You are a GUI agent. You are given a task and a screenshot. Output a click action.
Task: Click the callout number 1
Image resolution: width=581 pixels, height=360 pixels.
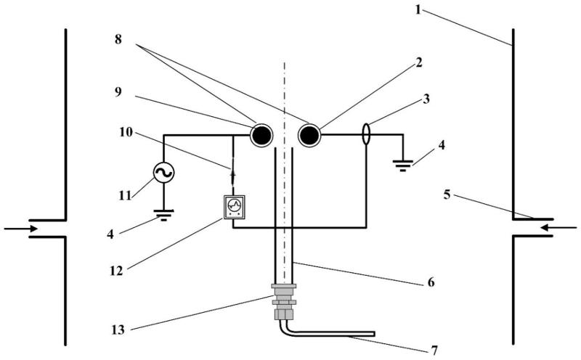(x=418, y=9)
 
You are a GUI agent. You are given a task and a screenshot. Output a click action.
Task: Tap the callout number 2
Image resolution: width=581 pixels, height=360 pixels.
(x=418, y=62)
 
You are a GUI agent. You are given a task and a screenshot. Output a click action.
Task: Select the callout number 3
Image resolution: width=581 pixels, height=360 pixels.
(x=426, y=99)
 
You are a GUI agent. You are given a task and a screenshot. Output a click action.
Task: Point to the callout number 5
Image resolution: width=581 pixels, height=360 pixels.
(x=447, y=195)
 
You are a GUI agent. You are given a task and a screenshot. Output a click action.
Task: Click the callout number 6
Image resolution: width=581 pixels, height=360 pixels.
(x=431, y=282)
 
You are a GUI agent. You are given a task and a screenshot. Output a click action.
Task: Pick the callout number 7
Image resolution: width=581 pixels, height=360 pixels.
(x=434, y=350)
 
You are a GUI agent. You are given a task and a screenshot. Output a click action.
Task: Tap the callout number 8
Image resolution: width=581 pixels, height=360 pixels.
(x=118, y=39)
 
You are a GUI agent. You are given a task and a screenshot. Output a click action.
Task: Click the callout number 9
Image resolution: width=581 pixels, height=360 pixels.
(x=118, y=92)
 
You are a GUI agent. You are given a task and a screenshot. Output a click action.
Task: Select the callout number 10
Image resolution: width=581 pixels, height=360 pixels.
(x=126, y=132)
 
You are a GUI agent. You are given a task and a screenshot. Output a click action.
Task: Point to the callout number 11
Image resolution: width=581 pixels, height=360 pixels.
(x=125, y=195)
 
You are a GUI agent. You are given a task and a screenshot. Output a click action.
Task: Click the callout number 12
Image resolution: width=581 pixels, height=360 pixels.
(x=116, y=271)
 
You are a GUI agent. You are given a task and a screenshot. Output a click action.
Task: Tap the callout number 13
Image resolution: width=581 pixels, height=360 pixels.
(x=118, y=330)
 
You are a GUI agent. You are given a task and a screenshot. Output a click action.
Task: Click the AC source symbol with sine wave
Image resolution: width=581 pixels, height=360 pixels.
(x=163, y=173)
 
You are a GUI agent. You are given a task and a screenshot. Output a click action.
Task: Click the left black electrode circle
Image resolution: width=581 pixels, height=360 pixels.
(x=261, y=136)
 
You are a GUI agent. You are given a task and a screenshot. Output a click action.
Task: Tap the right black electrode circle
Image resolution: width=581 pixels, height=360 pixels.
(x=309, y=136)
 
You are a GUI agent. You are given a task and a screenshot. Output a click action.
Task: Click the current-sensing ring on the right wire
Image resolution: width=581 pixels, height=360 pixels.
(x=366, y=134)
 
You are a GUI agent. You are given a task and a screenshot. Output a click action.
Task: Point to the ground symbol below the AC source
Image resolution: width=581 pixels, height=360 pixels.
(x=164, y=215)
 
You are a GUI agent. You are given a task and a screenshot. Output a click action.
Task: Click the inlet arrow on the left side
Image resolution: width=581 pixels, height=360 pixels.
(x=21, y=229)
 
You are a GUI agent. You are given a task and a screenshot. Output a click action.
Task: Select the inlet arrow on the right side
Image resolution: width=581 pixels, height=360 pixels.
(x=558, y=228)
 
